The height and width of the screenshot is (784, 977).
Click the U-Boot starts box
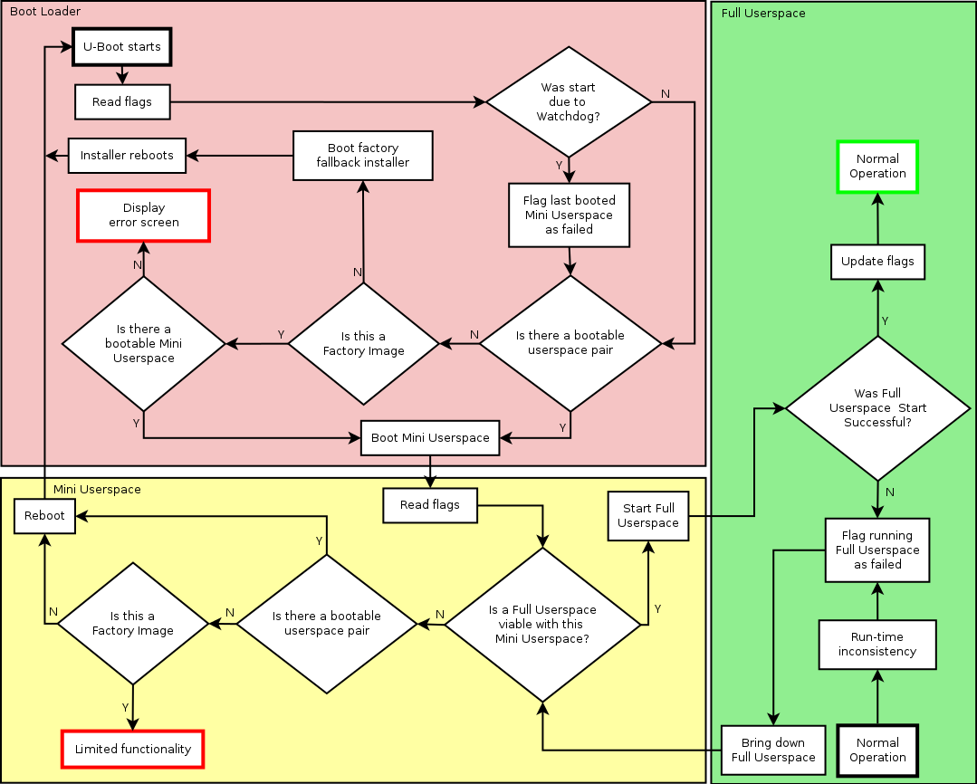tap(121, 47)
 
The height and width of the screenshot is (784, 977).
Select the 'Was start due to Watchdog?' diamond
tap(569, 101)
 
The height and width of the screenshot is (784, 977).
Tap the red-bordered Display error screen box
tap(144, 215)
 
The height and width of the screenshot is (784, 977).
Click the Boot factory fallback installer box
tap(362, 155)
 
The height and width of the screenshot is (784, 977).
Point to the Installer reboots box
tap(127, 155)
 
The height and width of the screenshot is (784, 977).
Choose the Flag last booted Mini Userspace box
tap(569, 215)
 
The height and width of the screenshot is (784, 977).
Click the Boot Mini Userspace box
tap(430, 437)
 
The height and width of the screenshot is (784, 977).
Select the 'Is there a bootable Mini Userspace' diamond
tap(143, 343)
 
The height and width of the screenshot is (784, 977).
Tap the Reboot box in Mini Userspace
tap(44, 515)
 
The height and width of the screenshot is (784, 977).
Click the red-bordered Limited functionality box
tap(133, 749)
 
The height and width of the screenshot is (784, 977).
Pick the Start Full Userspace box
tap(647, 516)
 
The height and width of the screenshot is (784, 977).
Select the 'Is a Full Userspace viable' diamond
tap(542, 624)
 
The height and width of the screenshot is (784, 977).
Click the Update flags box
tap(877, 262)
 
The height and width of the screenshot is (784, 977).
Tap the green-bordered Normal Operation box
tap(877, 167)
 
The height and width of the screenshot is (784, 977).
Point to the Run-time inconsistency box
tap(876, 644)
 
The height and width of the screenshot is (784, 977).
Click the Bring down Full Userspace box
tap(773, 750)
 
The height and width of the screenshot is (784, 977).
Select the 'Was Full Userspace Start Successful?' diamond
tap(877, 408)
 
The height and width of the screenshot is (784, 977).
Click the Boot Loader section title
tap(45, 12)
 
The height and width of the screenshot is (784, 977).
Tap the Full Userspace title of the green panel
tap(763, 14)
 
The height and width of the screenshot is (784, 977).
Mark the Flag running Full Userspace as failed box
tap(877, 550)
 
